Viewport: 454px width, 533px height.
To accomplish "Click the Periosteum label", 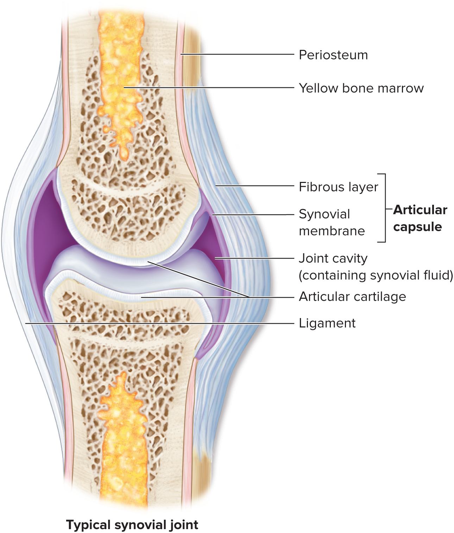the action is (x=333, y=55).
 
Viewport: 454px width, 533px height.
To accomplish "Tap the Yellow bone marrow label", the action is (x=361, y=88).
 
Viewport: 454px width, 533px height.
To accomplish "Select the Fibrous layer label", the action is (x=338, y=187).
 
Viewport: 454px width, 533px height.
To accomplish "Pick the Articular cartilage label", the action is (x=352, y=297).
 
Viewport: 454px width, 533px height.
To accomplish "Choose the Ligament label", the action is (x=327, y=323).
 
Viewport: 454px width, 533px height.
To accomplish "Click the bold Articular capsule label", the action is (x=420, y=218).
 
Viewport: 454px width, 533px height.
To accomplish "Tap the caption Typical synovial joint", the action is (x=132, y=525).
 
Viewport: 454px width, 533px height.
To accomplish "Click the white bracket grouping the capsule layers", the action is (x=385, y=208).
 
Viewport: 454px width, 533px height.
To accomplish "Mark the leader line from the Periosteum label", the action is (x=239, y=55).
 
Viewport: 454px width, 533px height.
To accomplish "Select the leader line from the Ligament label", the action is (x=158, y=323).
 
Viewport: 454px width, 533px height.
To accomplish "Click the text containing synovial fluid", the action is (x=375, y=275).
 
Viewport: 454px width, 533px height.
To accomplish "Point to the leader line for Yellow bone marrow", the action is (x=211, y=88).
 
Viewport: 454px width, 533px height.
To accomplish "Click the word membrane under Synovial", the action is (x=332, y=231).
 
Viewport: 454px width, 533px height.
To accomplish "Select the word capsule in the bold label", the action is (x=417, y=227).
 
